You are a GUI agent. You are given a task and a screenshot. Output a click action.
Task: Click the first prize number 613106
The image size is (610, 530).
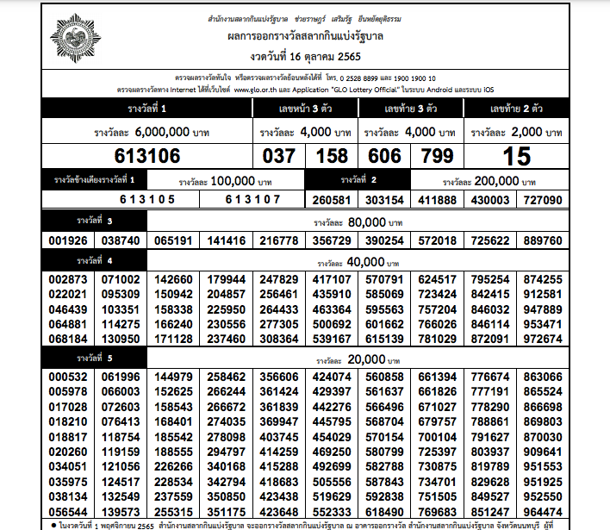coord(147,156)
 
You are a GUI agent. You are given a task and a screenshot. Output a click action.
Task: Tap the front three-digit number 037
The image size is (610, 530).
coord(277,156)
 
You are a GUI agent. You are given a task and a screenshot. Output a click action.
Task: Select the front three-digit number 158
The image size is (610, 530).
coord(331,156)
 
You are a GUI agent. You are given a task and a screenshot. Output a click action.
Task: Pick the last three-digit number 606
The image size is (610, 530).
coord(383,156)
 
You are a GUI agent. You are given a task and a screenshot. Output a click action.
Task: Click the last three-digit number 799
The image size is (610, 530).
coord(436,156)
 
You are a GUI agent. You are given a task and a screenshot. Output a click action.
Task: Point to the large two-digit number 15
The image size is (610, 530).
coord(516,156)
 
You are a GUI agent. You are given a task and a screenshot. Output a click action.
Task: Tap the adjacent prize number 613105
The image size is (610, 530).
coord(147,199)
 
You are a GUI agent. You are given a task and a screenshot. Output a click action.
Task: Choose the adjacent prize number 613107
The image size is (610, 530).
coord(253,199)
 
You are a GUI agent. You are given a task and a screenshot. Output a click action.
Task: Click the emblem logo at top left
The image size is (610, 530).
coord(78,40)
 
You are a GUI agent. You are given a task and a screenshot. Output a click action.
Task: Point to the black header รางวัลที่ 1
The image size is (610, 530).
coord(146,109)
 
